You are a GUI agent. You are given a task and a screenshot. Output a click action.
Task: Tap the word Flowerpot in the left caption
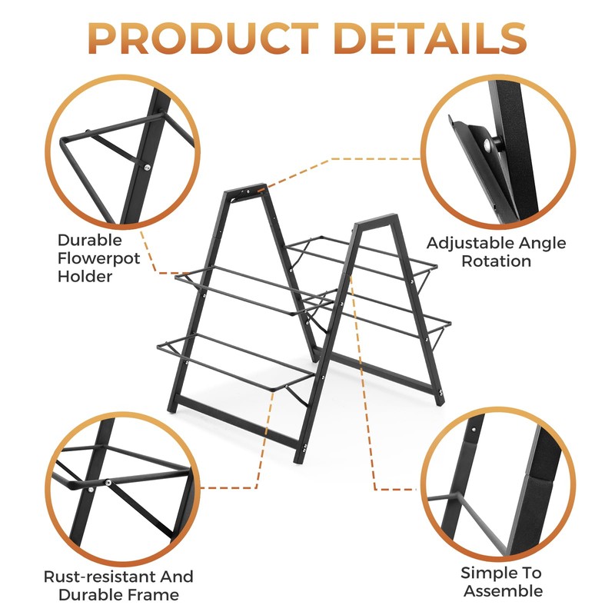point(99,258)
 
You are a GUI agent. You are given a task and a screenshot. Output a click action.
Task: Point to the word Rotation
point(496,261)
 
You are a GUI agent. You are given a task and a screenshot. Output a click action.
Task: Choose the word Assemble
point(504,591)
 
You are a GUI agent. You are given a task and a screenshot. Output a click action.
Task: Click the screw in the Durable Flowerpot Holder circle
point(146,166)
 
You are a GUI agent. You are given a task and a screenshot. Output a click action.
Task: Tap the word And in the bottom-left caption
point(177,577)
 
